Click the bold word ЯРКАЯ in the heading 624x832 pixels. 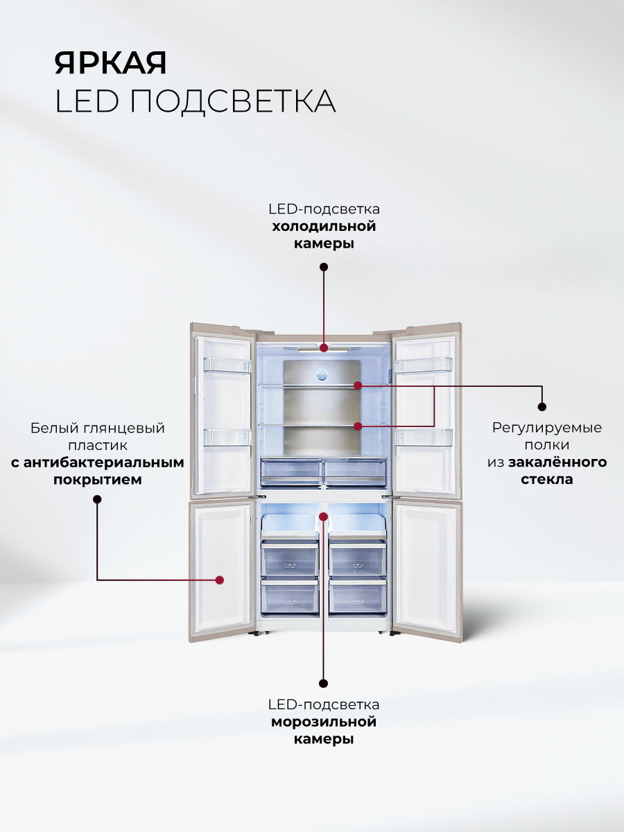coord(110,62)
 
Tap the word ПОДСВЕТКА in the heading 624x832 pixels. coord(233,101)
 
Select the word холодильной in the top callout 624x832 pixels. coord(324,226)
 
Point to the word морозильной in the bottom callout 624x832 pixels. coord(324,722)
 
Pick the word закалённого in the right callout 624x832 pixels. coord(557,462)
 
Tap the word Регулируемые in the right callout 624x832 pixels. coord(547,428)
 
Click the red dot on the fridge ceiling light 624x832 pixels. coord(324,347)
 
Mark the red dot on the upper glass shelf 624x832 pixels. coord(358,385)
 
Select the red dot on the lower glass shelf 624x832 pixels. coord(358,426)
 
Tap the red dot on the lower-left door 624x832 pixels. coord(219,580)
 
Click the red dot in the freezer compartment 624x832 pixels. coord(323,517)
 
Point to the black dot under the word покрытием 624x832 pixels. coord(97,499)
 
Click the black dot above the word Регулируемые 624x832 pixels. coord(541,407)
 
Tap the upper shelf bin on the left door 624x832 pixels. coord(227,365)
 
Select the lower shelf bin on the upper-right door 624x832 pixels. coord(424,437)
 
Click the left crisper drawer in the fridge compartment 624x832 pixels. coord(291,472)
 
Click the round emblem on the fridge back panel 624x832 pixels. coord(322,375)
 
